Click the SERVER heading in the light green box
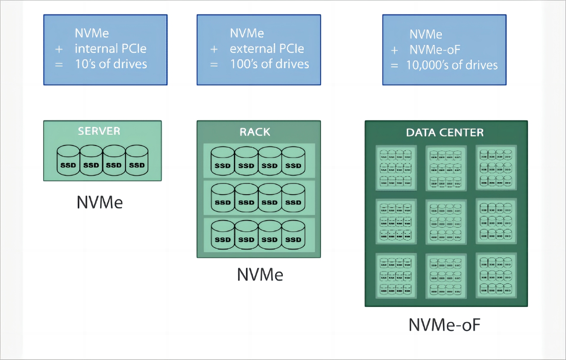point(99,131)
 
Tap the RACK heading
point(255,132)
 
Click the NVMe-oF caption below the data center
point(444,325)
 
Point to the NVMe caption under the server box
point(99,202)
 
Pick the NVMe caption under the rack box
point(260,275)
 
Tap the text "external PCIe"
point(267,49)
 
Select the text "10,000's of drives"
point(452,66)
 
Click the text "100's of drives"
point(269,64)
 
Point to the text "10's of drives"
point(111,64)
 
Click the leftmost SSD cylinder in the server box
point(68,160)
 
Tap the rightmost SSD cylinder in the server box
point(137,160)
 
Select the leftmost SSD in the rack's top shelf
point(223,161)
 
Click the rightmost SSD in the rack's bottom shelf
point(293,234)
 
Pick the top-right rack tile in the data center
point(496,167)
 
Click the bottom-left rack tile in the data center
point(396,275)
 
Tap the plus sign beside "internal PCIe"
point(59,49)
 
